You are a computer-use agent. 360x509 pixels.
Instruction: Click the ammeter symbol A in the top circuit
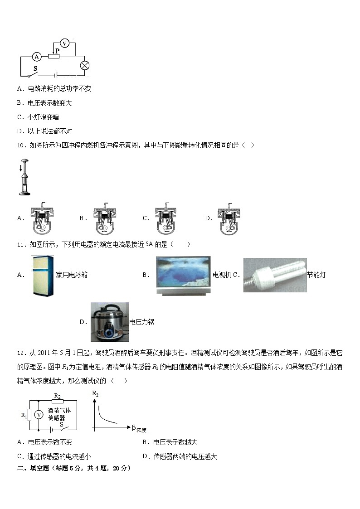pyautogui.click(x=37, y=57)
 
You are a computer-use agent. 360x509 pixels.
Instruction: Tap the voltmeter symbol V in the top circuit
pyautogui.click(x=64, y=44)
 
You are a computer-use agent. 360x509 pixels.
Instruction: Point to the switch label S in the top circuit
pyautogui.click(x=35, y=68)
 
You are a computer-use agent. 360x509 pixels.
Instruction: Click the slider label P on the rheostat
pyautogui.click(x=58, y=50)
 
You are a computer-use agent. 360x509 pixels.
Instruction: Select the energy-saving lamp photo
pyautogui.click(x=275, y=275)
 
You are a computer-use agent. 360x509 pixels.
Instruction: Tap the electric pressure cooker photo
pyautogui.click(x=110, y=322)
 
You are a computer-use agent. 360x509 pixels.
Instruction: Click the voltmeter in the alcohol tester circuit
pyautogui.click(x=39, y=414)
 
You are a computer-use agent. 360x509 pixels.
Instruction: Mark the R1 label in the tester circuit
pyautogui.click(x=24, y=414)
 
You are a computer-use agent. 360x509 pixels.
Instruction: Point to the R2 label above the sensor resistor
pyautogui.click(x=58, y=396)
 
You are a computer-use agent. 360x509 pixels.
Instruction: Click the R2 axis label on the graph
pyautogui.click(x=95, y=394)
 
